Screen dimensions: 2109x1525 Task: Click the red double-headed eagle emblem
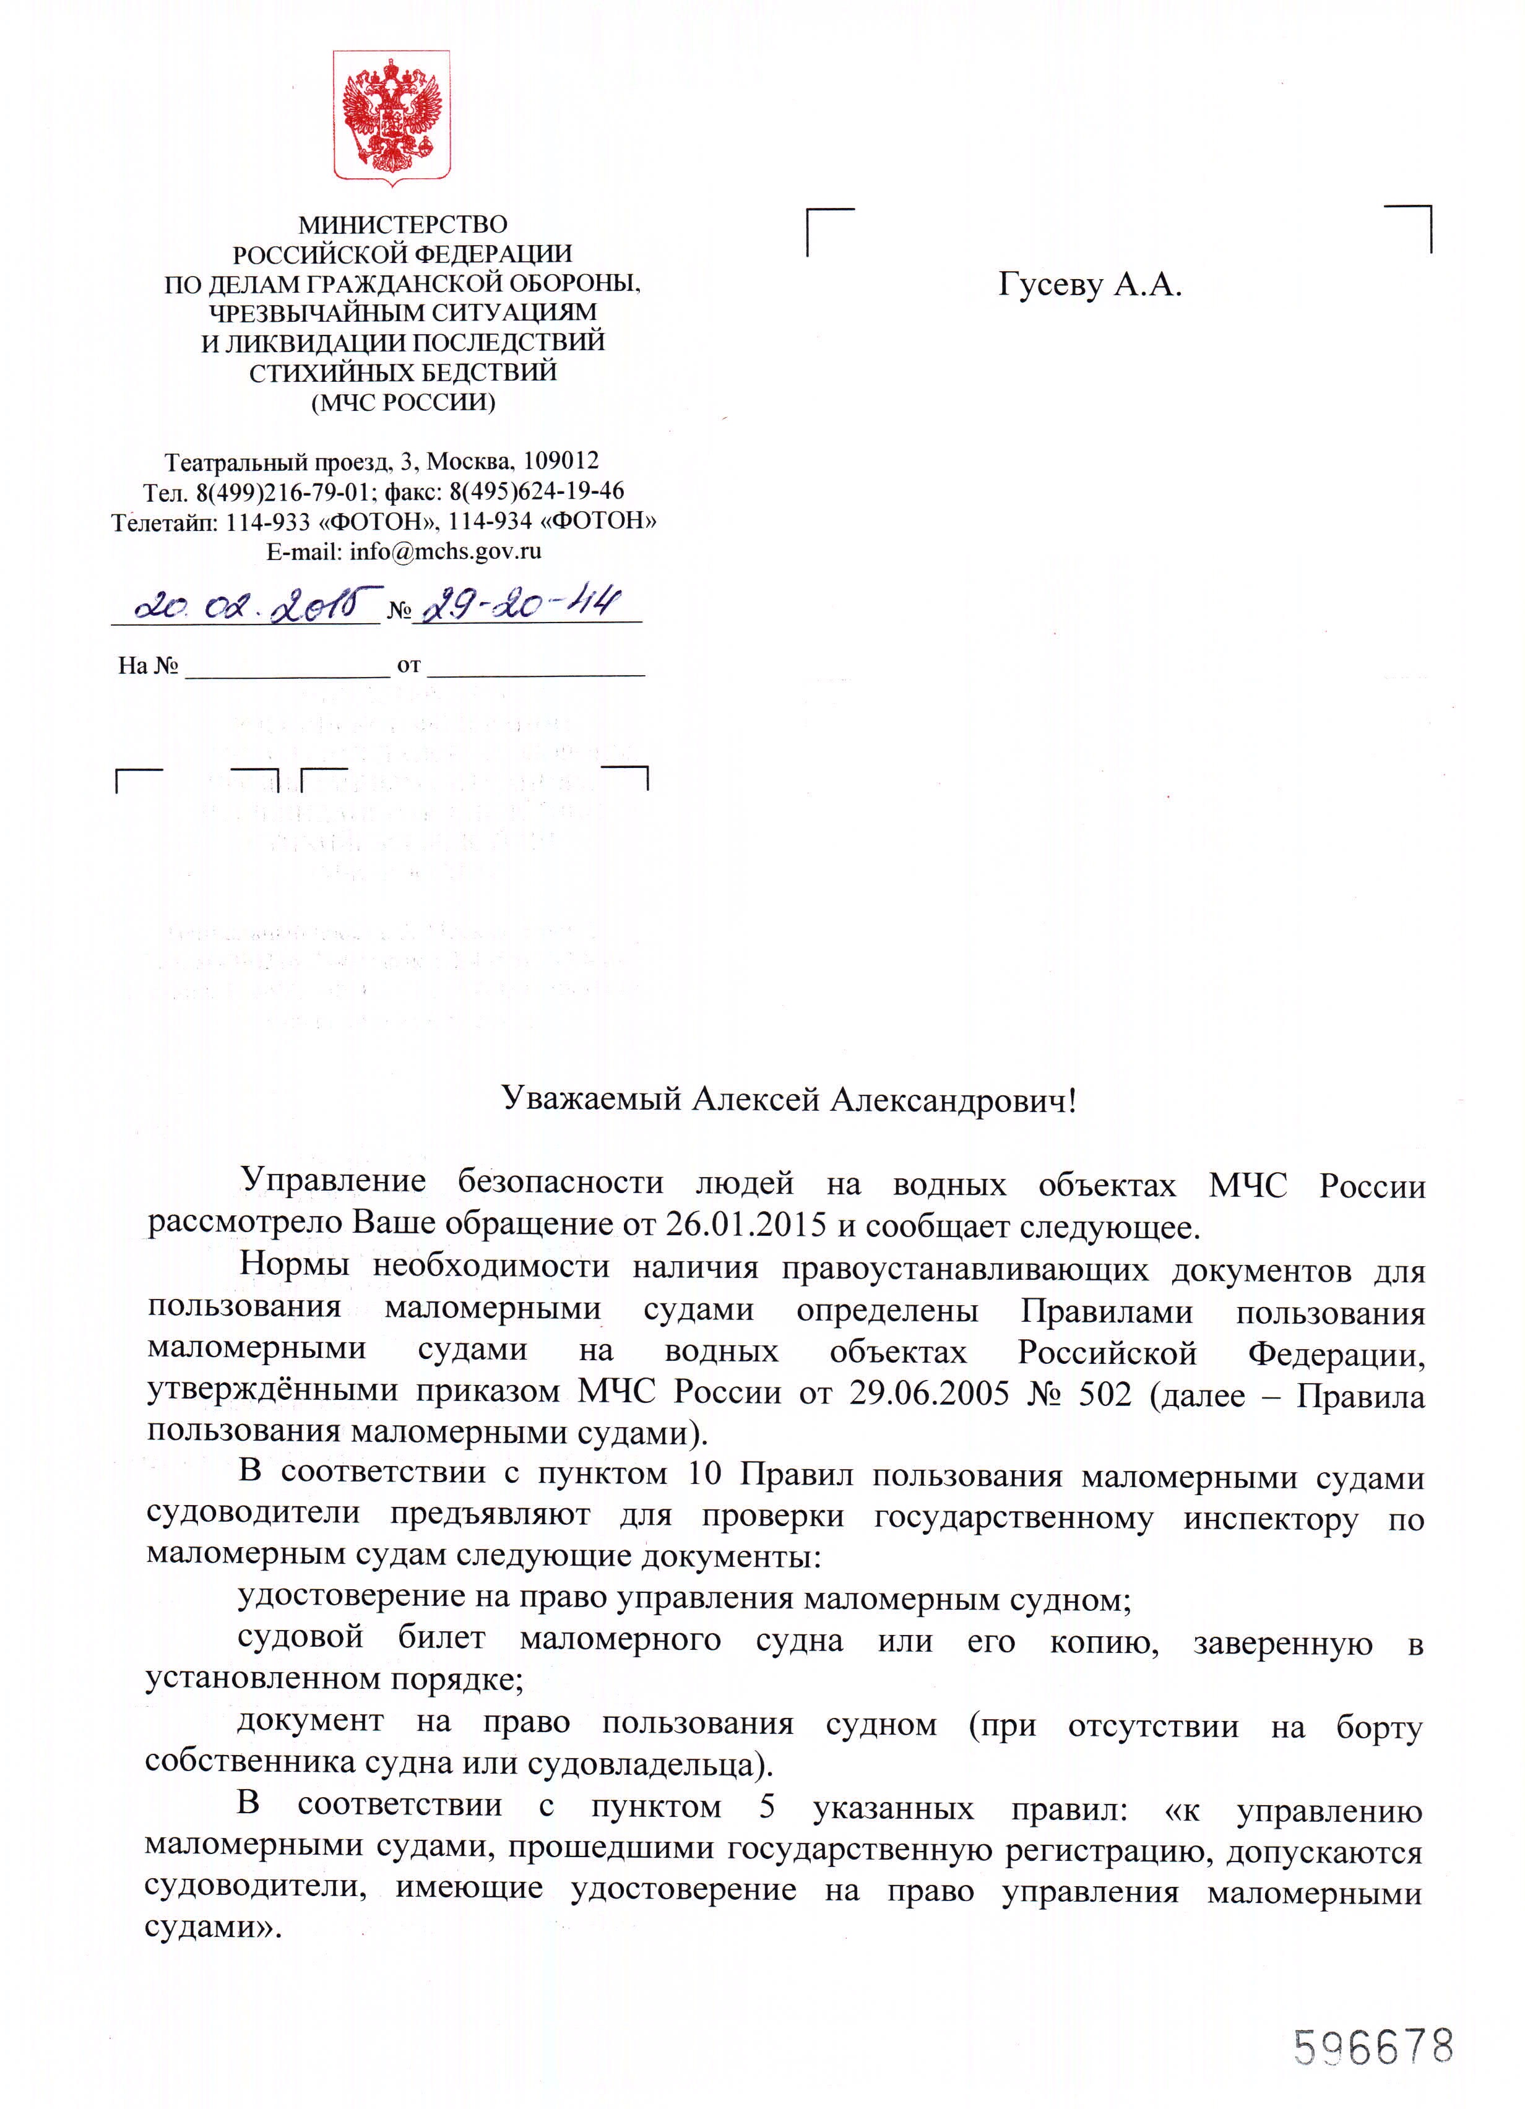(392, 117)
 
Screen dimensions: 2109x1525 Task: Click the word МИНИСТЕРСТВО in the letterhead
(403, 224)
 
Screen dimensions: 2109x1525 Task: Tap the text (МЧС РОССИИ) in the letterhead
(403, 402)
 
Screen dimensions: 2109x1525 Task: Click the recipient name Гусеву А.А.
(1090, 285)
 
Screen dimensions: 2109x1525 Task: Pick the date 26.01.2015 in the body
(746, 1225)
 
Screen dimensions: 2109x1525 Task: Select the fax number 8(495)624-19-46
(537, 491)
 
